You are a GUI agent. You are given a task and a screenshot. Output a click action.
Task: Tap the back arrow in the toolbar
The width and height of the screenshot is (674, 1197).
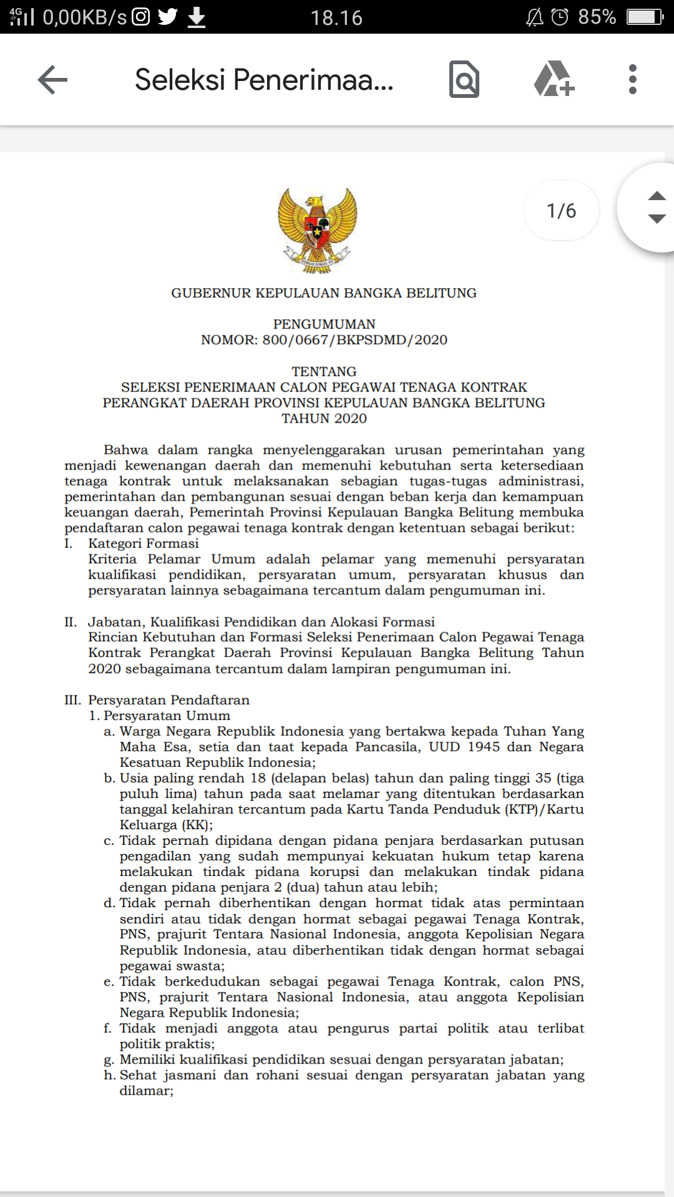coord(52,80)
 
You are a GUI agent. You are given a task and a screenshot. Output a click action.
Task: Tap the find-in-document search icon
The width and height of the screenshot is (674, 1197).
coord(464,80)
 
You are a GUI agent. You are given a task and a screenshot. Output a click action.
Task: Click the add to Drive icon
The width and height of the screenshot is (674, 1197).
coord(554,79)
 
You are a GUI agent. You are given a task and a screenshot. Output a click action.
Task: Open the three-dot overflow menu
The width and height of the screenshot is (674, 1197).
coord(633,80)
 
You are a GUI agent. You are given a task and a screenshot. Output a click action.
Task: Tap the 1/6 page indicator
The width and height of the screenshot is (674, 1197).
coord(561,211)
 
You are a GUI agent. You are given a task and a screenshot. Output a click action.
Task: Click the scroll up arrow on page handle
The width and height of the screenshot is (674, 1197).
coord(657,196)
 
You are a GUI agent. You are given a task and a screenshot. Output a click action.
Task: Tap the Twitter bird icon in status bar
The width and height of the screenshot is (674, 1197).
coord(168,17)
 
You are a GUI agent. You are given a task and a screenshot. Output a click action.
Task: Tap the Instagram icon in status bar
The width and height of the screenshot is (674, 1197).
coord(141,17)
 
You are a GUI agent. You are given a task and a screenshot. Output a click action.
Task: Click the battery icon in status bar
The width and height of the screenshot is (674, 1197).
coord(645,17)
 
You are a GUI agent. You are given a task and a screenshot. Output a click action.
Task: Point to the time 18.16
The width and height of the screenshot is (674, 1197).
coord(336,17)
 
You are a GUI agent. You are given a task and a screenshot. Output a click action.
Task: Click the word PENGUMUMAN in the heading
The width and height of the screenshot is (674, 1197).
coord(324,324)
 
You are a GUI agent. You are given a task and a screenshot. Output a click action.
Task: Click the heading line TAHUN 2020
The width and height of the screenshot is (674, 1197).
coord(324,419)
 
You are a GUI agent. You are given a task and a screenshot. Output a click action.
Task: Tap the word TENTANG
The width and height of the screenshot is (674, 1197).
coord(324,372)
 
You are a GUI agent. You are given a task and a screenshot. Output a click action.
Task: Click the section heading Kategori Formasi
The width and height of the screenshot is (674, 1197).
coord(144,544)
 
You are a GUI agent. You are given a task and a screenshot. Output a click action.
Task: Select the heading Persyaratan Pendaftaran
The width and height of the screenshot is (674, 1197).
coord(168,700)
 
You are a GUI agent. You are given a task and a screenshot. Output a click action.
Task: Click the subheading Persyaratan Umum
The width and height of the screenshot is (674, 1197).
coord(167,716)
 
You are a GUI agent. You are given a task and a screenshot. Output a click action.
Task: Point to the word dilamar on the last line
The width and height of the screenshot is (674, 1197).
coord(145,1091)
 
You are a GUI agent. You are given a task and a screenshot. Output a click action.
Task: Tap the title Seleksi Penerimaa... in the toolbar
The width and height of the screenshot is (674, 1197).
coord(264,80)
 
